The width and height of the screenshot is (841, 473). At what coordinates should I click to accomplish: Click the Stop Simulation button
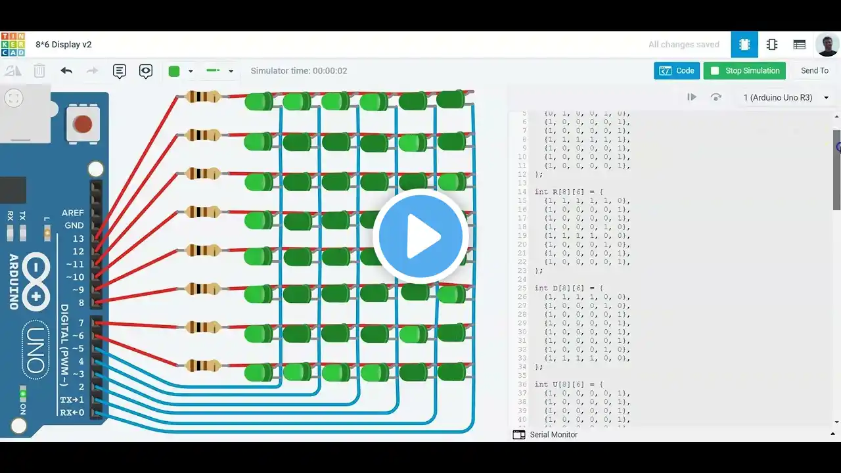click(744, 71)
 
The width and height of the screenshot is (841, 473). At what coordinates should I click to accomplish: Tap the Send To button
click(814, 71)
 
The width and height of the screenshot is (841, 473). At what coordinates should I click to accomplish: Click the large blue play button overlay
click(420, 236)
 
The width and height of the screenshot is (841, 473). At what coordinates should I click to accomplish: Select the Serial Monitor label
click(553, 434)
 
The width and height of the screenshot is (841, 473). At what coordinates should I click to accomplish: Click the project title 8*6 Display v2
click(64, 45)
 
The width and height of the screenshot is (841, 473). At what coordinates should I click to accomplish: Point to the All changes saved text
click(683, 45)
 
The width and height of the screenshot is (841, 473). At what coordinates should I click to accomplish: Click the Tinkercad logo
click(13, 45)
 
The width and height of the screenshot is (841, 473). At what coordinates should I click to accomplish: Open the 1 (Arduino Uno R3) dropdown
click(785, 97)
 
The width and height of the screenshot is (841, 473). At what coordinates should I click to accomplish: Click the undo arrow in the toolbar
click(66, 71)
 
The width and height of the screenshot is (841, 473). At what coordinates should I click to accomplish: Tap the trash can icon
click(39, 71)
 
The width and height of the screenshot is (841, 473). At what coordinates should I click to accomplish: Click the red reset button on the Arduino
click(82, 124)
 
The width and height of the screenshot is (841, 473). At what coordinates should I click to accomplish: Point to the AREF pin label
click(73, 213)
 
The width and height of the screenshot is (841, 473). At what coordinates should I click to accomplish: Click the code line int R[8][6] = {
click(565, 192)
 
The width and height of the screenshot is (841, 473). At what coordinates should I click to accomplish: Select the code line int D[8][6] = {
click(565, 288)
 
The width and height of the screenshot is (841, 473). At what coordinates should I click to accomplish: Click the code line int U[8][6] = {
click(565, 384)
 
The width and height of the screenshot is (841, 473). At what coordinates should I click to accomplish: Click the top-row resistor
click(203, 97)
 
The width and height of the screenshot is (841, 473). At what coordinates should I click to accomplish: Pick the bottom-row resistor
click(203, 365)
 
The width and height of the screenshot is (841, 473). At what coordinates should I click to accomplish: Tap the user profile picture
click(827, 45)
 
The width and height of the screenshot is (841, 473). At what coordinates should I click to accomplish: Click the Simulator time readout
click(299, 71)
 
